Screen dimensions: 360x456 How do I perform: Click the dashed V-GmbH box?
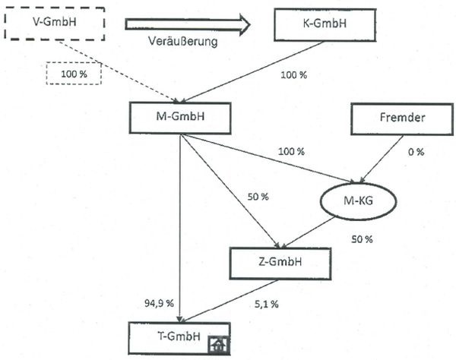coord(52,26)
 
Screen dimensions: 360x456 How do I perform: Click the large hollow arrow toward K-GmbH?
coord(187,26)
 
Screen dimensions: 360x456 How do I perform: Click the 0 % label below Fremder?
coord(415,151)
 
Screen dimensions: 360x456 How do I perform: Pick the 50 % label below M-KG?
coord(361,239)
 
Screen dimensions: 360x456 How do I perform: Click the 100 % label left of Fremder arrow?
coord(290,151)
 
